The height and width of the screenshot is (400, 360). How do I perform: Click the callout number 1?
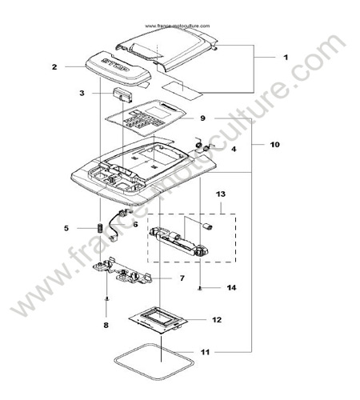click(286, 58)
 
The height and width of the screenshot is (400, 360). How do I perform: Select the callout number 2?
click(54, 66)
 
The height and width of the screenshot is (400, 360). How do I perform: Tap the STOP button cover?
click(118, 68)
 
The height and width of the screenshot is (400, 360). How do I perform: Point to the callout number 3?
click(82, 93)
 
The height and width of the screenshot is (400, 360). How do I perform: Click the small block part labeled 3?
click(122, 95)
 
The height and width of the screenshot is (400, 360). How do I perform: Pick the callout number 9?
click(202, 118)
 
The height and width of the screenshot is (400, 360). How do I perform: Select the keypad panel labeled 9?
click(146, 118)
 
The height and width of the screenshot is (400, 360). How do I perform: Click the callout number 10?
click(275, 145)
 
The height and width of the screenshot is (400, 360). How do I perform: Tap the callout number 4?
click(234, 149)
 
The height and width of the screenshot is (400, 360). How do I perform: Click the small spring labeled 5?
click(100, 228)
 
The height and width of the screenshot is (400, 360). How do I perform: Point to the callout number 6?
click(135, 224)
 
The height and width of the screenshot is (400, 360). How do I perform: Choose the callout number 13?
click(221, 194)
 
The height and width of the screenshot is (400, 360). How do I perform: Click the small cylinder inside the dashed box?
click(207, 226)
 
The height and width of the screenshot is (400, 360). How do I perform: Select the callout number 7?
click(182, 278)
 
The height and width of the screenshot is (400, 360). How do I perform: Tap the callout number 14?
click(231, 287)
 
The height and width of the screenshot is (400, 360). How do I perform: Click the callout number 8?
click(106, 326)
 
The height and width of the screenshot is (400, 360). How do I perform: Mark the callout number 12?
click(217, 319)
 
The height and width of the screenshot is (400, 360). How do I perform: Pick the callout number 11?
click(205, 352)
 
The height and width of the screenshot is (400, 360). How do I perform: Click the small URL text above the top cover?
click(178, 26)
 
